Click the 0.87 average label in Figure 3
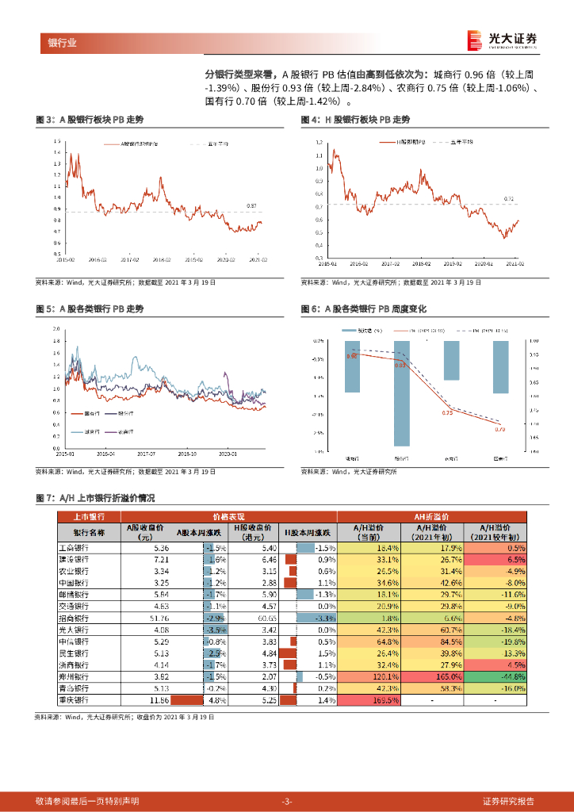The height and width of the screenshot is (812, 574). (x=251, y=206)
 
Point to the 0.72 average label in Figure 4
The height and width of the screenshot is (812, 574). (x=510, y=199)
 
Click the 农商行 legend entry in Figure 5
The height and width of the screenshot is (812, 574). (x=125, y=431)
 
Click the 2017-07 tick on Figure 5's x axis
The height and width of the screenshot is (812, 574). (x=147, y=454)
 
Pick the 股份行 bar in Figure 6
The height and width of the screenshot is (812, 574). (x=402, y=393)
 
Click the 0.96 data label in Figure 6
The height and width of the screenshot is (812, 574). (x=352, y=357)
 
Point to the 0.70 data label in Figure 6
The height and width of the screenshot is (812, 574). (x=499, y=429)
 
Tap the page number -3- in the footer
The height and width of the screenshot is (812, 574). (x=287, y=801)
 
